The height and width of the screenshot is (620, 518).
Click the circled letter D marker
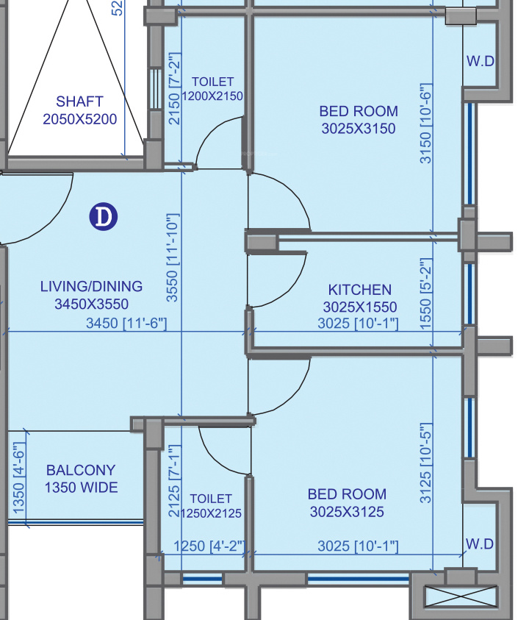point(103,217)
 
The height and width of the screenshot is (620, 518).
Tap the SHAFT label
point(80,101)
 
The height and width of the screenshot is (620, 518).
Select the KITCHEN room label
point(359,290)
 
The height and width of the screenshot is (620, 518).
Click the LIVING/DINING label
point(91,286)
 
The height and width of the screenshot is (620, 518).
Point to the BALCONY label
point(81,470)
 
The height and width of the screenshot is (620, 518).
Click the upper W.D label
point(480,61)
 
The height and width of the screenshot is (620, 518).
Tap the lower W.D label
point(480,544)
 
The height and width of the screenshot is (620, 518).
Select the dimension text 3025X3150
point(359,129)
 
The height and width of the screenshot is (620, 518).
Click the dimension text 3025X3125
point(347,512)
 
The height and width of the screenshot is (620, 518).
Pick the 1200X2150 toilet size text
point(212,96)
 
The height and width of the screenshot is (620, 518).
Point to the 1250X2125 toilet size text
point(211,513)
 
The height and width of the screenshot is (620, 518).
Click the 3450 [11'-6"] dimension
point(126,323)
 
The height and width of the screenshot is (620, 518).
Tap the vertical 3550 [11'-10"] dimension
point(173,258)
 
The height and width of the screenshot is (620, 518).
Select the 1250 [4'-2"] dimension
point(209,546)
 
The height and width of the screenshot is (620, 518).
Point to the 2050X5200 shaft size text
point(80,119)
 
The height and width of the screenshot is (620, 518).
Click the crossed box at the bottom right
point(460,597)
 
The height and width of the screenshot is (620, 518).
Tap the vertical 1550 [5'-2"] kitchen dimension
point(425,293)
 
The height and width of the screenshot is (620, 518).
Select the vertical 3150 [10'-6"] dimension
point(425,124)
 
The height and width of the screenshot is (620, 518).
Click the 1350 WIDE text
point(81,487)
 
